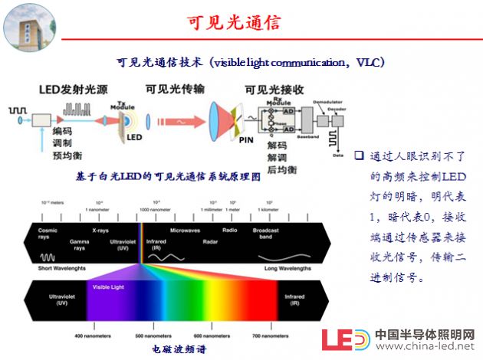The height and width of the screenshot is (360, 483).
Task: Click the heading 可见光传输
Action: (x=176, y=89)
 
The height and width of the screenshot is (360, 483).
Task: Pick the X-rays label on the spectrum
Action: (x=100, y=229)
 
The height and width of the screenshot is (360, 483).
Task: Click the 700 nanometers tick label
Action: (x=272, y=335)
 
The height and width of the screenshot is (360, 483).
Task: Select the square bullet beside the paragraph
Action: (x=356, y=156)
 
